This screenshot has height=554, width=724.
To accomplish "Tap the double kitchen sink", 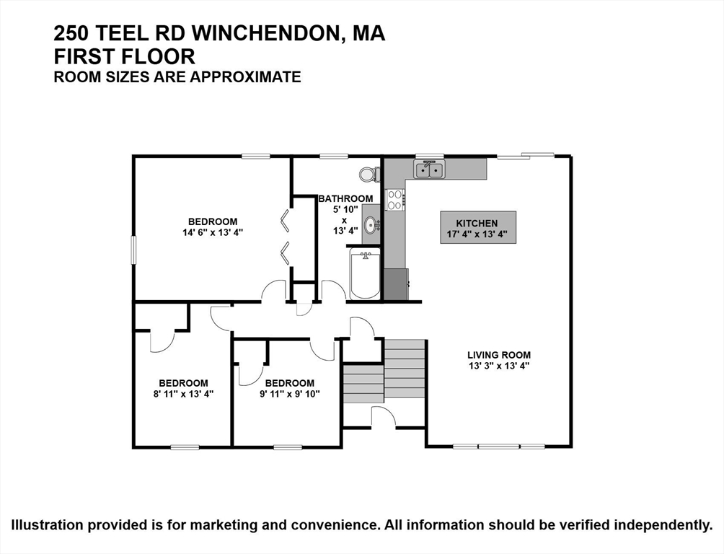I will click(x=429, y=170).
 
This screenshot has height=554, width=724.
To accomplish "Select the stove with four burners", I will click(x=394, y=200).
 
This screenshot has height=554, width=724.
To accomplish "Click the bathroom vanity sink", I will click(x=371, y=224).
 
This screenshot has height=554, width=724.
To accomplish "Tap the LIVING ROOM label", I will click(x=499, y=354).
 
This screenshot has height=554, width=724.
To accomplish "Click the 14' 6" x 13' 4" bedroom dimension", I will click(x=213, y=232).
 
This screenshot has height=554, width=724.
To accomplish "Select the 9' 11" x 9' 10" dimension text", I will click(x=289, y=394).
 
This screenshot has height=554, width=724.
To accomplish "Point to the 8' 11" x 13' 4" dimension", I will click(x=183, y=394).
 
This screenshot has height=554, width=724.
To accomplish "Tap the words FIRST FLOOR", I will click(x=125, y=56).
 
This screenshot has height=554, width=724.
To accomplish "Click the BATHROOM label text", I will click(x=346, y=198).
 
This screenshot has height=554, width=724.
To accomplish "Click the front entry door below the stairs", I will click(x=384, y=417).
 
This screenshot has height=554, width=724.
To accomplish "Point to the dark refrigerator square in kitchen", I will click(x=395, y=284).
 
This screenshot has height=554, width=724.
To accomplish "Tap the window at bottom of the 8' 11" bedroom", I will click(x=184, y=447).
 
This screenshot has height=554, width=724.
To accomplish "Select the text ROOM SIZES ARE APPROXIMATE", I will click(x=177, y=76).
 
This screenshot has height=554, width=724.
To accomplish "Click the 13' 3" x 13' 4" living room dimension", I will click(x=499, y=366).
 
